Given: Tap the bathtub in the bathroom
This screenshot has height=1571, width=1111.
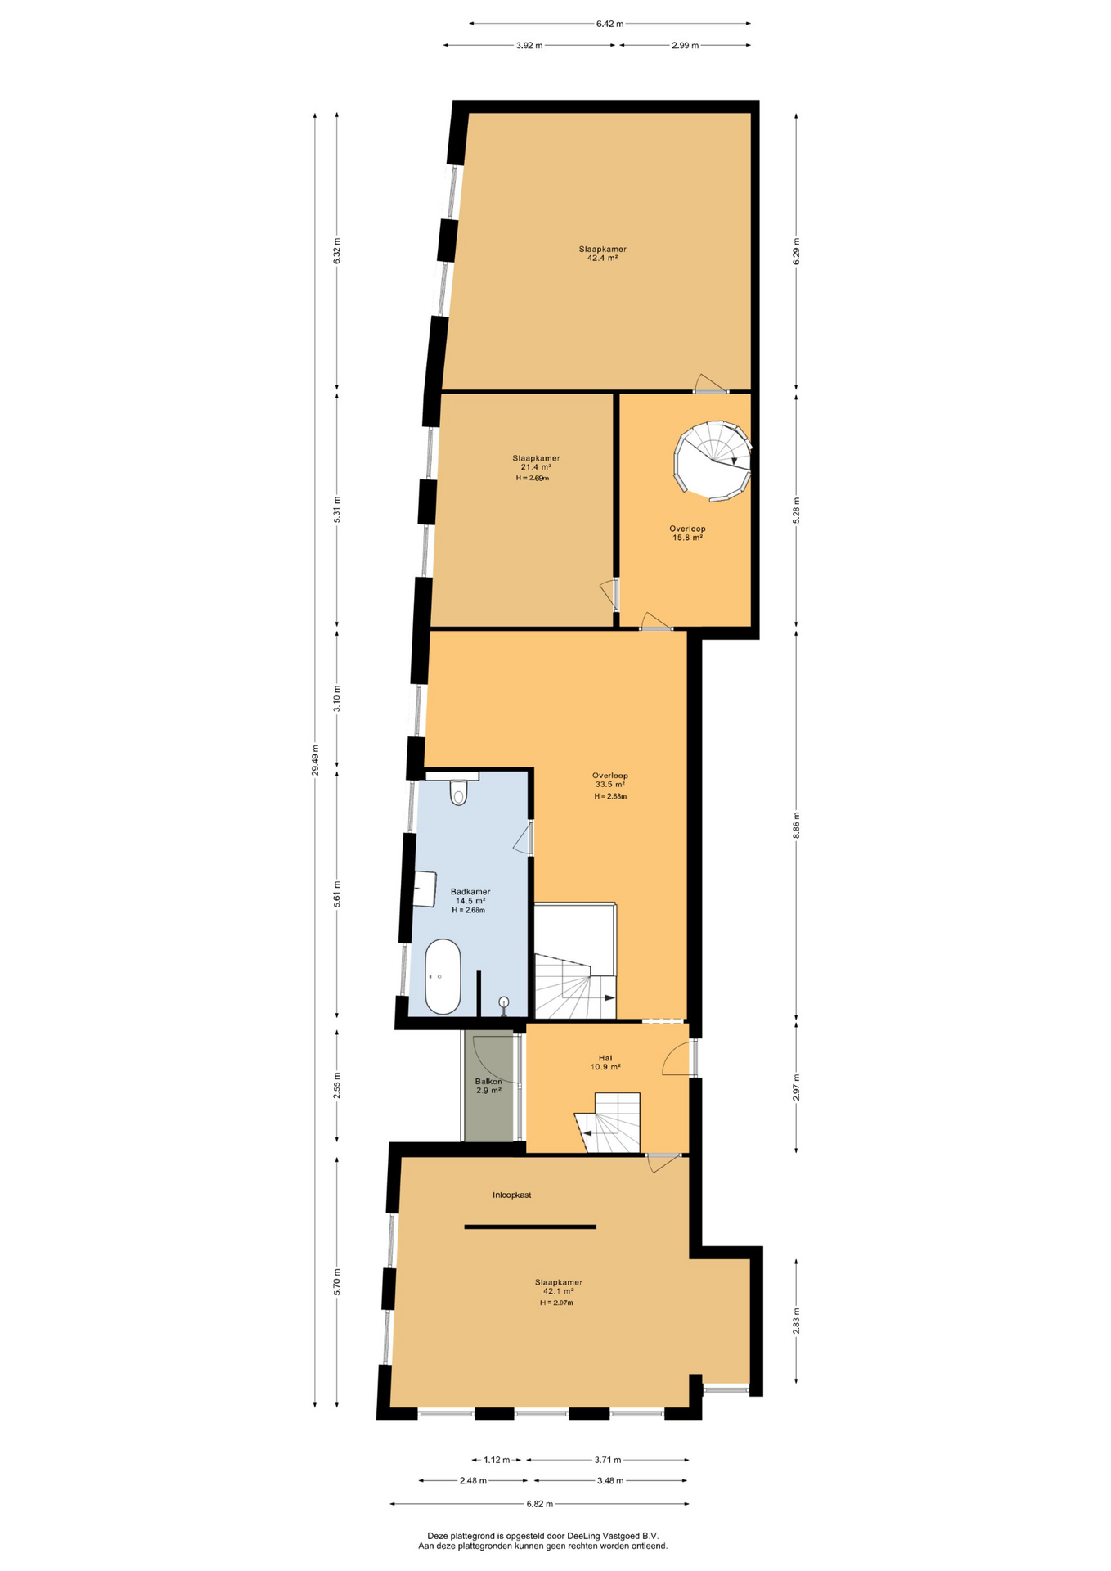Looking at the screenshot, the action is tap(443, 976).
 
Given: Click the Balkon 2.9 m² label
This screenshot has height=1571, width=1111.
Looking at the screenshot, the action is tap(488, 1086).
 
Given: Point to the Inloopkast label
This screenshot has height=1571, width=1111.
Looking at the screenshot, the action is tap(512, 1195).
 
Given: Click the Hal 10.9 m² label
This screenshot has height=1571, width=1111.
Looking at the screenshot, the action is tap(605, 1062).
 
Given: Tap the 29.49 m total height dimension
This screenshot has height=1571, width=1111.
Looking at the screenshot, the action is tap(315, 759).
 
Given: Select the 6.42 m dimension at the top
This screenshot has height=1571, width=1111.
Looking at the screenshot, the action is tap(609, 24).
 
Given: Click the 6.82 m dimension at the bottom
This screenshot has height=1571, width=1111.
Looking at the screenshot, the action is tap(539, 1504).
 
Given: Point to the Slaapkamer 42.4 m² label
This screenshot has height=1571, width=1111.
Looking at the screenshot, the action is tap(603, 253).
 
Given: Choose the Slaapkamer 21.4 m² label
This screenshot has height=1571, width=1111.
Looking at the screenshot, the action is tap(536, 462).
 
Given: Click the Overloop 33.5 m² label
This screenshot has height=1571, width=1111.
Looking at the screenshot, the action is tap(610, 780).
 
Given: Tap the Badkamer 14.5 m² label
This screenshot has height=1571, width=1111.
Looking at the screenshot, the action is tap(470, 896).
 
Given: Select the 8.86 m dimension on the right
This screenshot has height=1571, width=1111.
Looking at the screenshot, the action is tap(796, 825).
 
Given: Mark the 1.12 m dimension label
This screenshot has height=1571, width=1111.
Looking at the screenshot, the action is tap(497, 1460).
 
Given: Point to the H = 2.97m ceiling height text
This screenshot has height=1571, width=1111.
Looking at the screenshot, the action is tap(556, 1303).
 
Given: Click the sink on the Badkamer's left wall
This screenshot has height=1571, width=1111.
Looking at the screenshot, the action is tap(424, 889).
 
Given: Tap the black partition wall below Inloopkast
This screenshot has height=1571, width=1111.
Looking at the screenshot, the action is tap(530, 1227).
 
